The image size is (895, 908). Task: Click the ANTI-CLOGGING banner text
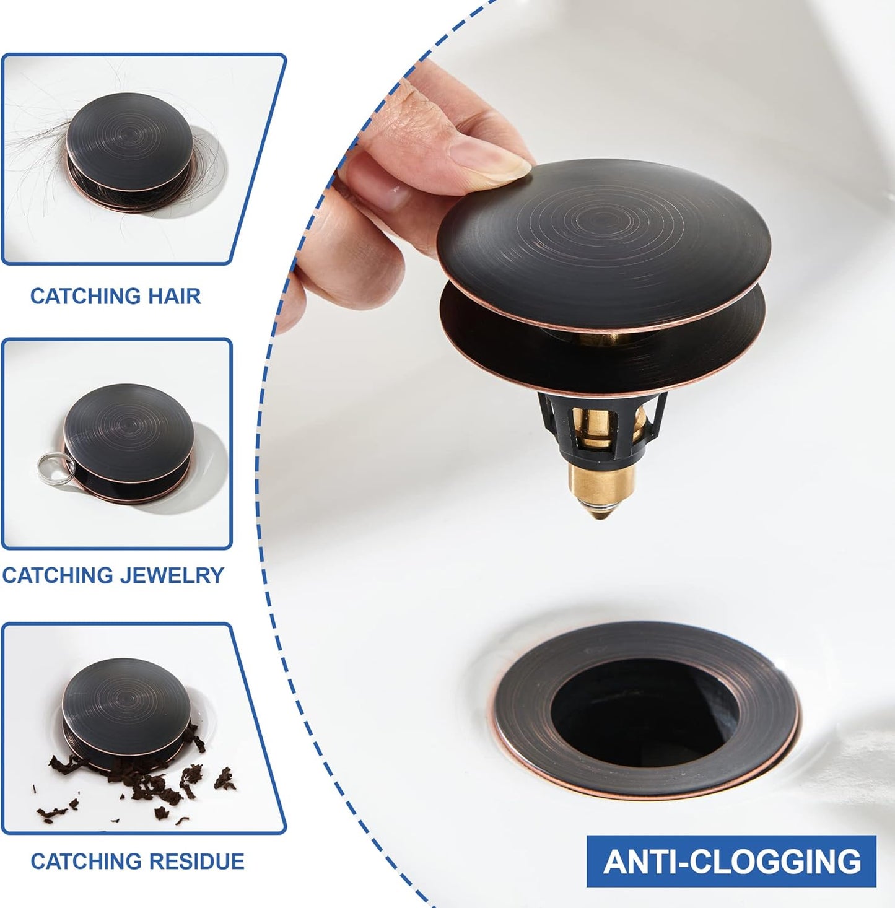click(x=731, y=862)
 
